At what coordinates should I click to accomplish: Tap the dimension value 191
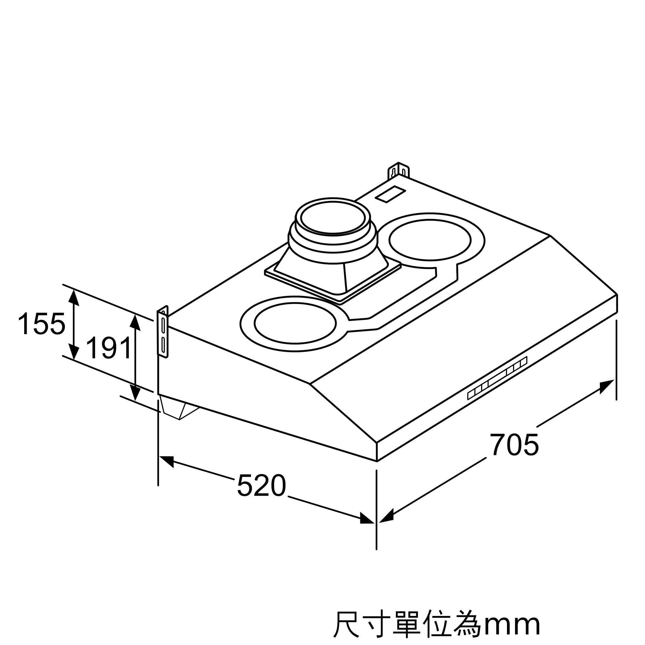[109, 348]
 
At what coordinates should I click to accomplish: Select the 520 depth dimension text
[262, 485]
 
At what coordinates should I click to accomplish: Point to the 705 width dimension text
[514, 445]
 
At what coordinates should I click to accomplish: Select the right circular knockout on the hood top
[430, 239]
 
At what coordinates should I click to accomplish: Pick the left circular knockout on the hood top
[295, 323]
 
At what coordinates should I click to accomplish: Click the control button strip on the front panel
[497, 378]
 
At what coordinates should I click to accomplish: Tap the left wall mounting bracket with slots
[163, 332]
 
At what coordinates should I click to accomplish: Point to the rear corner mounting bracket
[398, 171]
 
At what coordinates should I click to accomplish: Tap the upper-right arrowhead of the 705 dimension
[607, 387]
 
